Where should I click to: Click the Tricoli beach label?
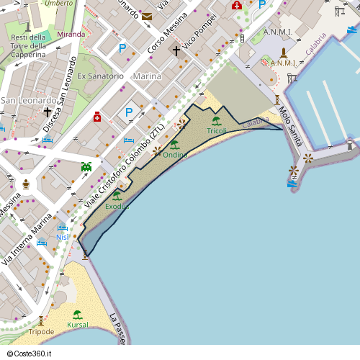click(217, 131)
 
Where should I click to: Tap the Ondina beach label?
click(175, 155)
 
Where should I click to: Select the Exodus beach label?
click(117, 207)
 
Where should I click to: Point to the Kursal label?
click(77, 325)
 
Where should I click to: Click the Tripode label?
click(41, 332)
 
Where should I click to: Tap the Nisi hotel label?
click(62, 237)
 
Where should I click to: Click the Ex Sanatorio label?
click(101, 76)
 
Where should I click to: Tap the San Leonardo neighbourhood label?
click(28, 100)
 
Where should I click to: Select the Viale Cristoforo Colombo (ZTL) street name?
click(125, 166)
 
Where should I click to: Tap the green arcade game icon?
click(86, 166)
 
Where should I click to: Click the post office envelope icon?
click(147, 16)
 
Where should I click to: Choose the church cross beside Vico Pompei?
click(176, 51)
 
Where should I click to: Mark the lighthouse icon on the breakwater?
click(351, 145)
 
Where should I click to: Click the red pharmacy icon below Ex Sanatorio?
click(96, 116)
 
